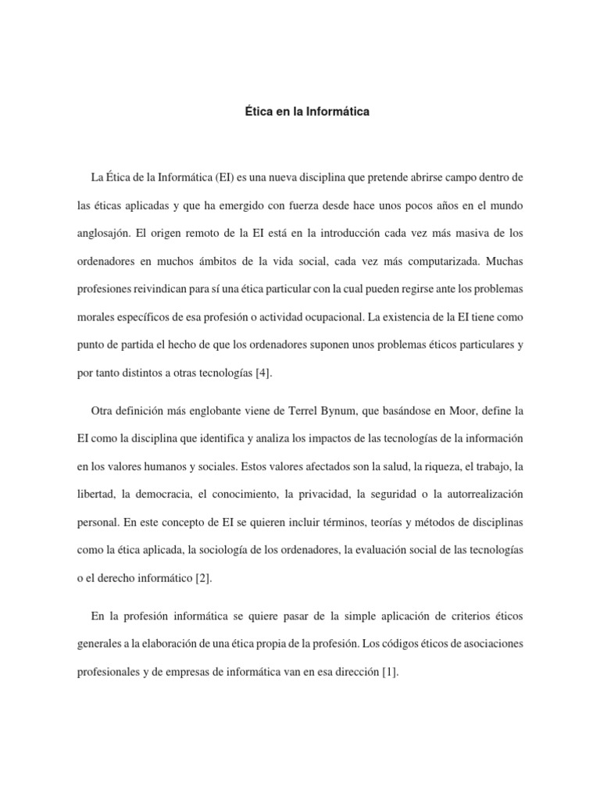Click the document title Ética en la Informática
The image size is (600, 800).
coord(307,112)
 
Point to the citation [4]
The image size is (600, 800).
coord(262,373)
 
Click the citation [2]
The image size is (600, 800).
coord(202,578)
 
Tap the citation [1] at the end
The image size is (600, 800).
coord(391,671)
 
